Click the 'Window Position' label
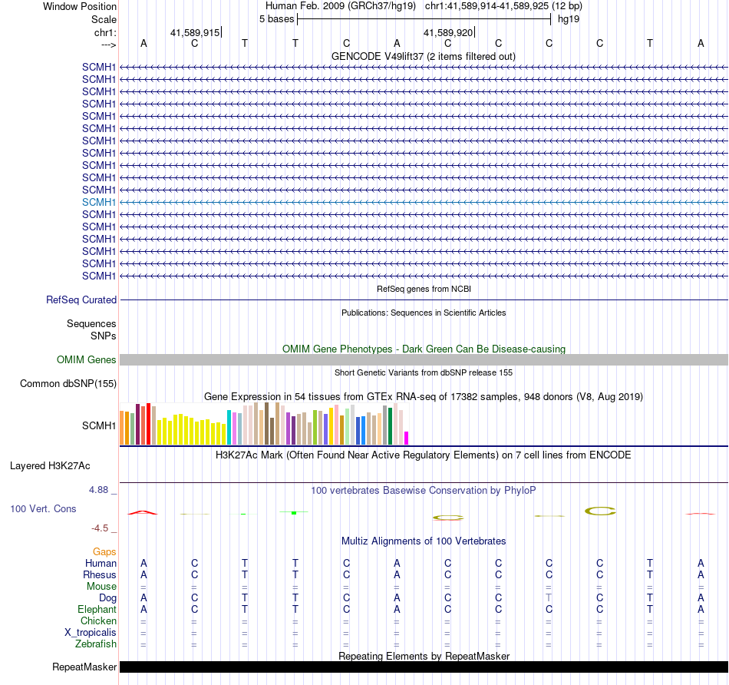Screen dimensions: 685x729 point(80,6)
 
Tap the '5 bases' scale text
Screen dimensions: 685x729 point(276,18)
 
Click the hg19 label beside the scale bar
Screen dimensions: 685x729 point(569,18)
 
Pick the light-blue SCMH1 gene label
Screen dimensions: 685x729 point(99,202)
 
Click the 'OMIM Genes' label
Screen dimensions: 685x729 point(87,360)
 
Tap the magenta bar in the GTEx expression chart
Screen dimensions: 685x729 point(407,438)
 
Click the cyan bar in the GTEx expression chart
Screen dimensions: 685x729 point(229,427)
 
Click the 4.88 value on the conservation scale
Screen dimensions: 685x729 point(101,490)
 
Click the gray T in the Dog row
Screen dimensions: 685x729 point(549,597)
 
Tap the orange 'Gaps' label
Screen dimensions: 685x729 point(104,552)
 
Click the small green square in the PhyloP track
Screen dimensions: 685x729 point(294,512)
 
